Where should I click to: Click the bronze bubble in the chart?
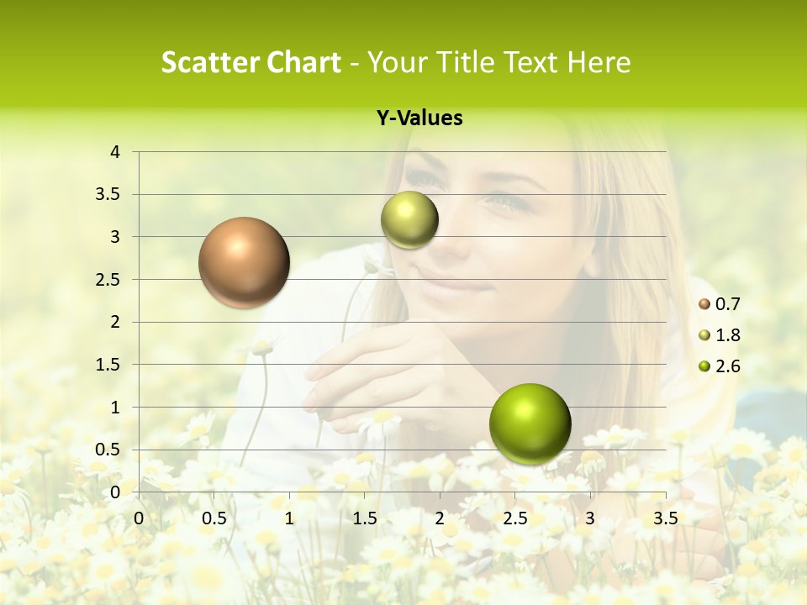click(x=244, y=262)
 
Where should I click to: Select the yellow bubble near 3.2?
click(x=409, y=219)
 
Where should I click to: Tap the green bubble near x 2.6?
click(x=530, y=423)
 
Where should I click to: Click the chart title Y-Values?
click(x=419, y=118)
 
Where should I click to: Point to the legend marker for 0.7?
click(x=704, y=304)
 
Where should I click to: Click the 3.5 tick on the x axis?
click(x=665, y=518)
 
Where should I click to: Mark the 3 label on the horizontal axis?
click(x=589, y=518)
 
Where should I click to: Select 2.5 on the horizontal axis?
click(x=514, y=518)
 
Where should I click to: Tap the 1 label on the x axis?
click(x=289, y=518)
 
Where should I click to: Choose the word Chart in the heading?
click(x=303, y=63)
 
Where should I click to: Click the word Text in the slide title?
click(x=530, y=63)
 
